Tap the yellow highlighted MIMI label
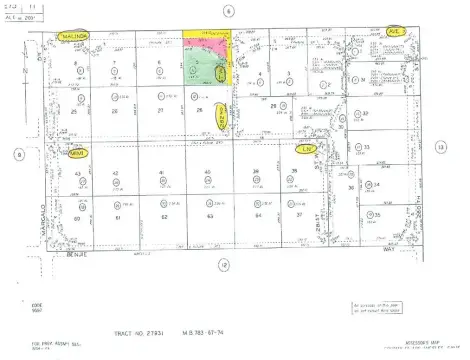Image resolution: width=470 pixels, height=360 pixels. click(74, 152)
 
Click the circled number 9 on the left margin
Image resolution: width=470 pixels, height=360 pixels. click(18, 154)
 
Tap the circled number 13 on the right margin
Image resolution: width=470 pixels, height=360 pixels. click(439, 146)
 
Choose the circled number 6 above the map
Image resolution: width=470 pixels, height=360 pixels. click(228, 10)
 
